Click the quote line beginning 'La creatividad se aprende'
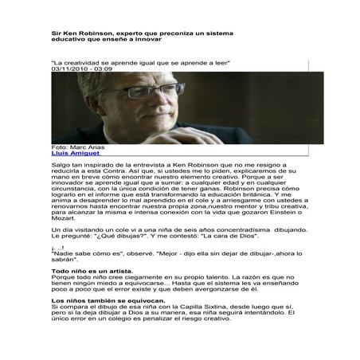(139, 62)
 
